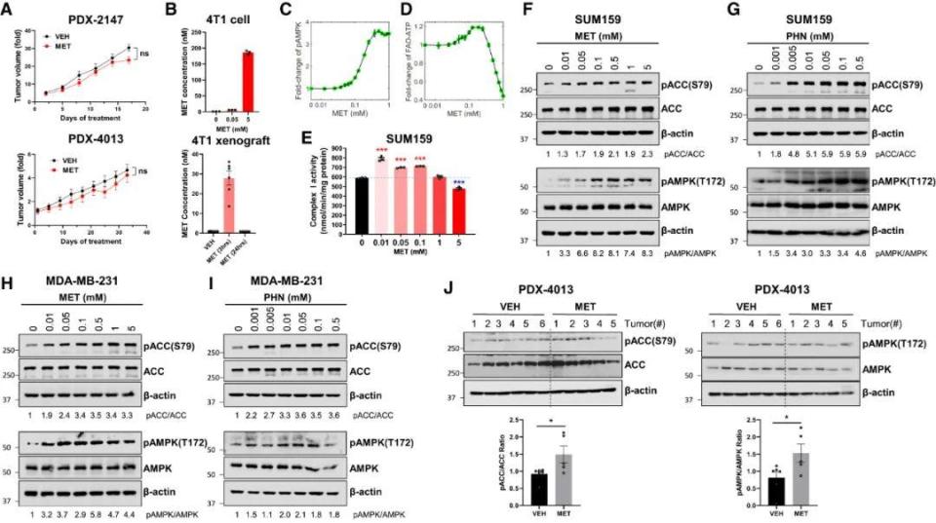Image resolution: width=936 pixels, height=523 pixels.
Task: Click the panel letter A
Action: pos(8,11)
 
